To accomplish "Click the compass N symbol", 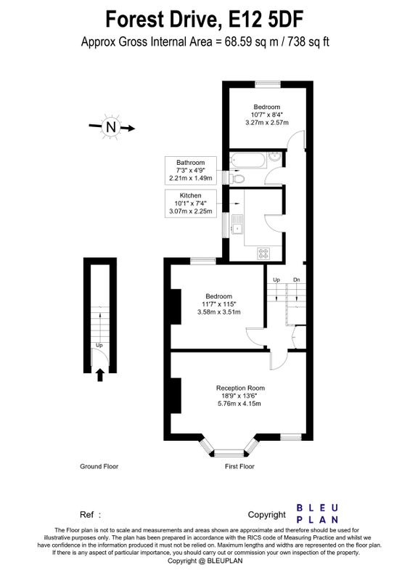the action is (111, 126).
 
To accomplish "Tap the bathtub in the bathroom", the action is (247, 161).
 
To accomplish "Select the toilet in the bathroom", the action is (237, 179).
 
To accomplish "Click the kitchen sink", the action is (237, 224).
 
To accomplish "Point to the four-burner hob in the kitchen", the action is (263, 253).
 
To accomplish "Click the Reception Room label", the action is (240, 388).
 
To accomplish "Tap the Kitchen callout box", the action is (190, 203).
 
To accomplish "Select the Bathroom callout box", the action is (190, 171).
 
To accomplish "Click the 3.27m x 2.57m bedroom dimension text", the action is (266, 122).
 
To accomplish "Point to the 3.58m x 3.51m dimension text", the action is (219, 312).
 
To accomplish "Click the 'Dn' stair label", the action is (296, 280).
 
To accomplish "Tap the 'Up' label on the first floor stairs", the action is (276, 280).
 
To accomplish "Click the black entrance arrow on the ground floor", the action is (99, 375).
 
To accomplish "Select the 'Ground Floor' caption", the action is (99, 466).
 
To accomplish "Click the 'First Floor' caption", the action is (239, 466).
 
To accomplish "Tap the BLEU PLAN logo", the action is (317, 513).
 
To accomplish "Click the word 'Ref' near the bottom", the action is (86, 514).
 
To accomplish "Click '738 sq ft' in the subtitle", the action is (309, 41).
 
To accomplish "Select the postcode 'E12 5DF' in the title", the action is (266, 20).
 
